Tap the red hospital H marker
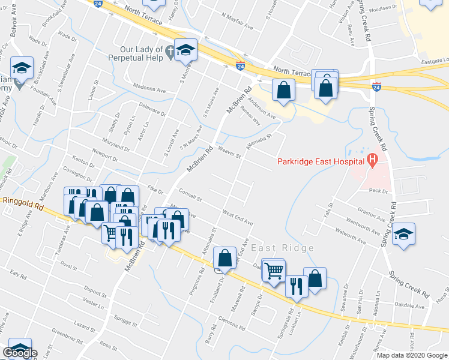[x=372, y=160]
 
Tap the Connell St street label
[x=190, y=194]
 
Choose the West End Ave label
[x=238, y=217]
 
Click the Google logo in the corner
[x=20, y=353]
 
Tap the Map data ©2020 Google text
[x=412, y=355]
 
